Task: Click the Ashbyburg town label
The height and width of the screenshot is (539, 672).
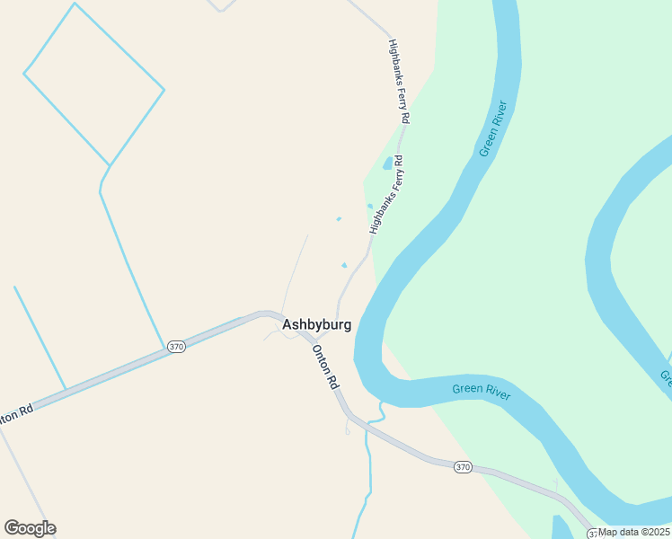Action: (x=316, y=324)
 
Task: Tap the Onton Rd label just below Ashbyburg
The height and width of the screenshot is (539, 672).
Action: (x=326, y=367)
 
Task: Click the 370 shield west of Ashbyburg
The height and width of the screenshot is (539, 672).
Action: (x=176, y=346)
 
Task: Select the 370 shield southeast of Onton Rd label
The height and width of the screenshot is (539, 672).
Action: (x=462, y=467)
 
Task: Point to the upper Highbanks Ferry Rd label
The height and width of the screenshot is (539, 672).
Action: (x=400, y=81)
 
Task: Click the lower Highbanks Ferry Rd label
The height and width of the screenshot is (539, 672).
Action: (x=386, y=196)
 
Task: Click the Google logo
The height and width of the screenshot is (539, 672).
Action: (x=30, y=528)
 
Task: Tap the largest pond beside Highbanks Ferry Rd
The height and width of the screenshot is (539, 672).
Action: (x=388, y=163)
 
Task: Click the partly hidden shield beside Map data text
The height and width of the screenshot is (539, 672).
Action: (x=593, y=531)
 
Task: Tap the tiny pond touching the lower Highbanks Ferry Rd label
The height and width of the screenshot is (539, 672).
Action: (x=370, y=207)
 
